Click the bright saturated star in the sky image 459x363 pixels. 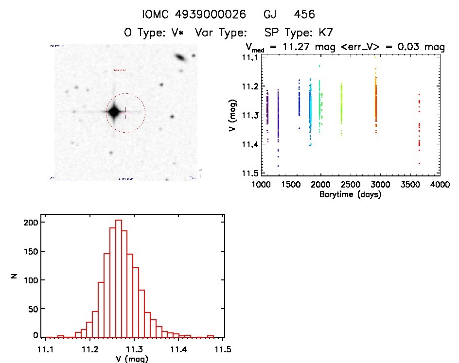114,112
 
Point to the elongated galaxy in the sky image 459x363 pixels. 181,58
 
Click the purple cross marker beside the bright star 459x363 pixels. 126,113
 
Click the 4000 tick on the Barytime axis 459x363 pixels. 440,185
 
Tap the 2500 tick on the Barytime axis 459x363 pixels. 351,185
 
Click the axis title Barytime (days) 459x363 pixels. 350,194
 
